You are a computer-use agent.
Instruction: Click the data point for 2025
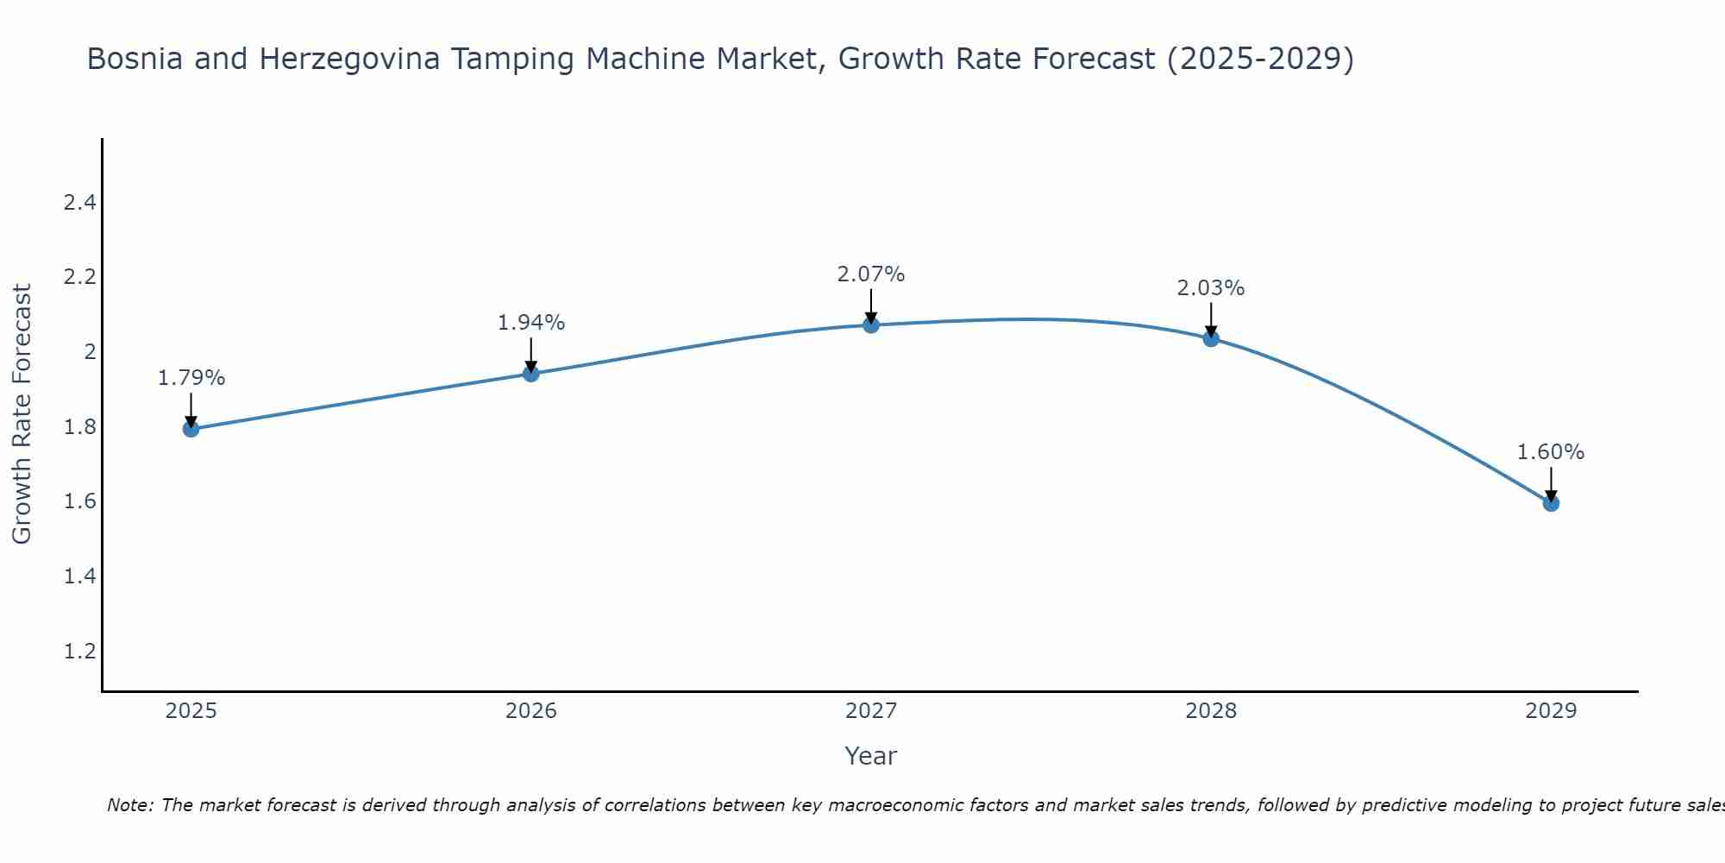coord(191,429)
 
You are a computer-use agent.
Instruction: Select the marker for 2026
coord(531,374)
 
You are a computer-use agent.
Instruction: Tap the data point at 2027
coord(871,325)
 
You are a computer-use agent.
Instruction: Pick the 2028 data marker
coord(1211,339)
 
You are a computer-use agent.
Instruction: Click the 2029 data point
coord(1551,503)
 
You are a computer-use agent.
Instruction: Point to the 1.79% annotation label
coord(191,378)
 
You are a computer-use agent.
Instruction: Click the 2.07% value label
coord(871,274)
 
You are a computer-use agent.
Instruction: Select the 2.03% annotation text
coord(1211,288)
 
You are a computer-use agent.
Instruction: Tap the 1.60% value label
coord(1551,452)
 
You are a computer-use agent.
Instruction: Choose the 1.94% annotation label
coord(531,323)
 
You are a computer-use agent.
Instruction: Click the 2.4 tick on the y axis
coord(79,204)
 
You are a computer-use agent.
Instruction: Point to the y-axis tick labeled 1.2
coord(79,651)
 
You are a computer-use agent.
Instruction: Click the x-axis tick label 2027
coord(871,711)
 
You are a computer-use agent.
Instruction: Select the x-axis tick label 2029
coord(1551,711)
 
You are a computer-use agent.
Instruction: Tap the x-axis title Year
coord(871,756)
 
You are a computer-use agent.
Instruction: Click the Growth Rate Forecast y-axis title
coord(22,414)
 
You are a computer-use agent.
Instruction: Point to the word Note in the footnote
coord(129,805)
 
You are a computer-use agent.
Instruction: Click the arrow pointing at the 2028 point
coord(1211,320)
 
